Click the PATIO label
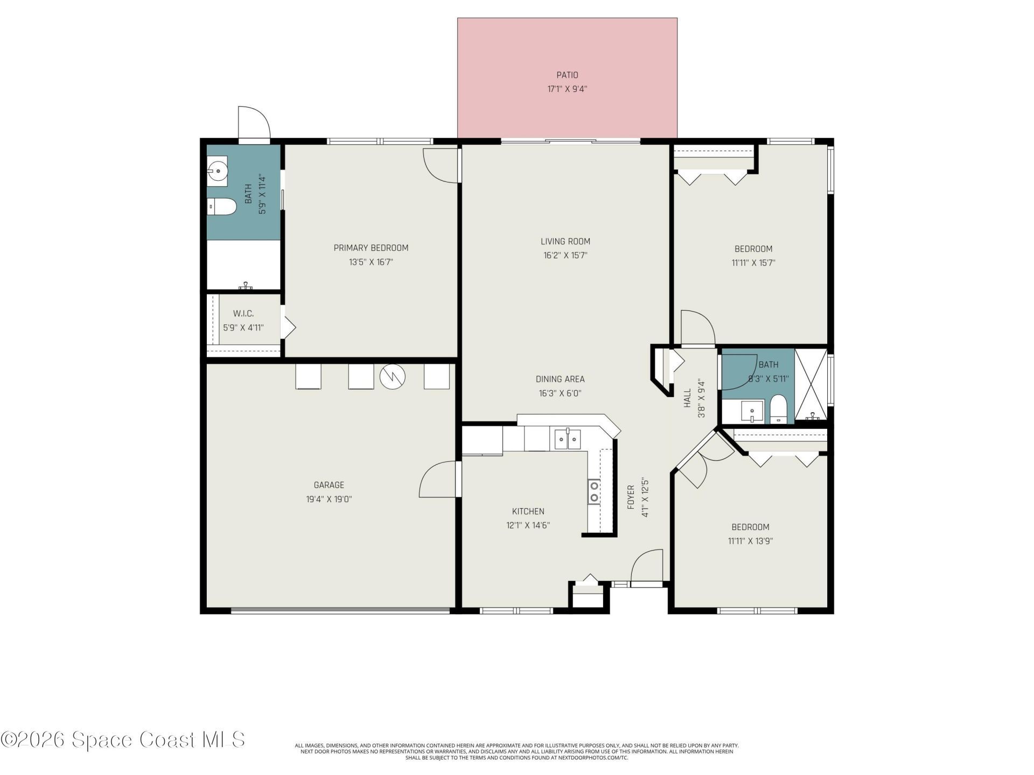pos(567,75)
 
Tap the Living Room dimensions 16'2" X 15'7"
pos(565,256)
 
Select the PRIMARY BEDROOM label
pos(371,248)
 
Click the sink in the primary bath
pos(218,171)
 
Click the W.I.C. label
pos(243,313)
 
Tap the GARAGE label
pos(329,485)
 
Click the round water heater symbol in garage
pos(392,376)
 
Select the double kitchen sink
pos(568,439)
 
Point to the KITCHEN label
pos(528,511)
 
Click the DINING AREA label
pos(560,379)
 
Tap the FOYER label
pos(631,497)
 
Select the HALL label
pos(688,398)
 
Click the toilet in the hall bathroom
pos(778,410)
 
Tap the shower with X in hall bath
pos(811,384)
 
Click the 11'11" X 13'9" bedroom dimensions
pos(750,541)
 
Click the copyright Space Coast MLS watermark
pos(123,739)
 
